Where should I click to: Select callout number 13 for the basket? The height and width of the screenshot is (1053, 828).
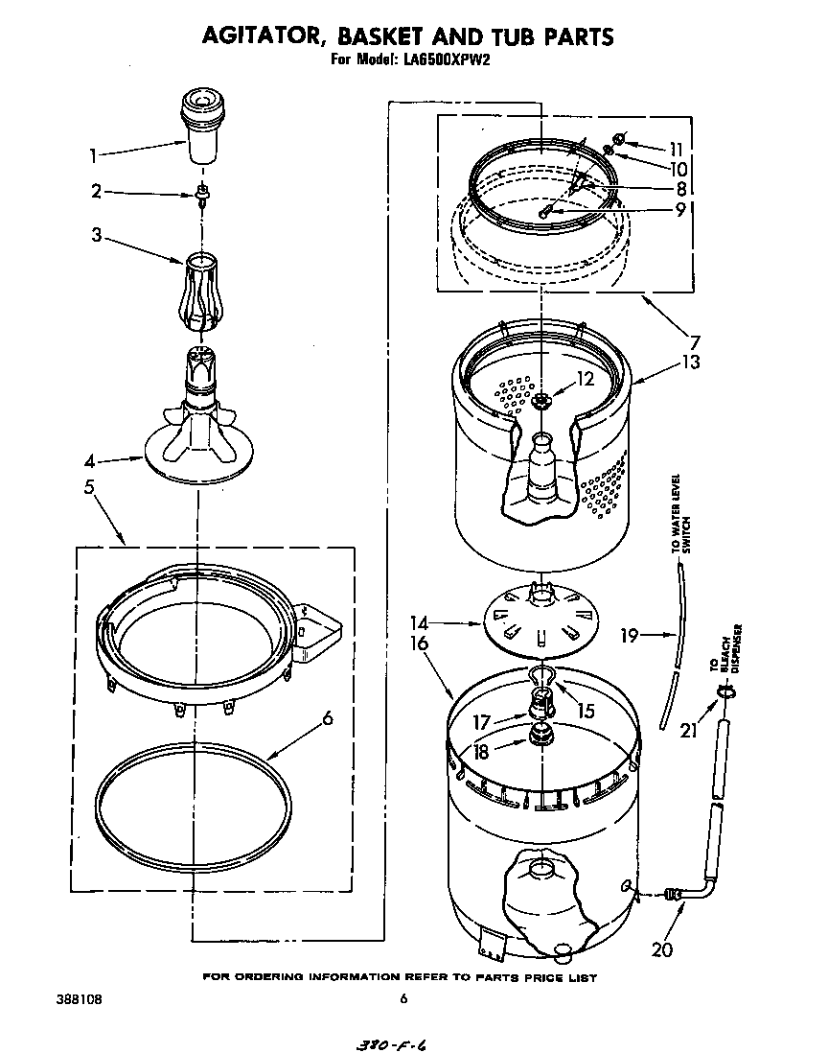coord(691,363)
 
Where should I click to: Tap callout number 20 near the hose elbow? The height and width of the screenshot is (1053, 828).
coord(661,950)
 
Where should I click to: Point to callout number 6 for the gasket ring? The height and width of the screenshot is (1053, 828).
coord(328,717)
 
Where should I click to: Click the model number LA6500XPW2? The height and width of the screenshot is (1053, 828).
coord(451,58)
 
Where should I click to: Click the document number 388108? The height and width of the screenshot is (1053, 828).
coord(72,999)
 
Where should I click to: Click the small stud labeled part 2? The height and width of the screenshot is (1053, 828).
coord(203,195)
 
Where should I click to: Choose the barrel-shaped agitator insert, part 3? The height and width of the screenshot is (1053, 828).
coord(202,287)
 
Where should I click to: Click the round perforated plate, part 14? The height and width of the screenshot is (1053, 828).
coord(541,619)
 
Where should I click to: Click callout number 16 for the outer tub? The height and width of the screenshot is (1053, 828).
coord(419,643)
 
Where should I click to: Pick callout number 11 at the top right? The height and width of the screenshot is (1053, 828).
coord(677,149)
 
